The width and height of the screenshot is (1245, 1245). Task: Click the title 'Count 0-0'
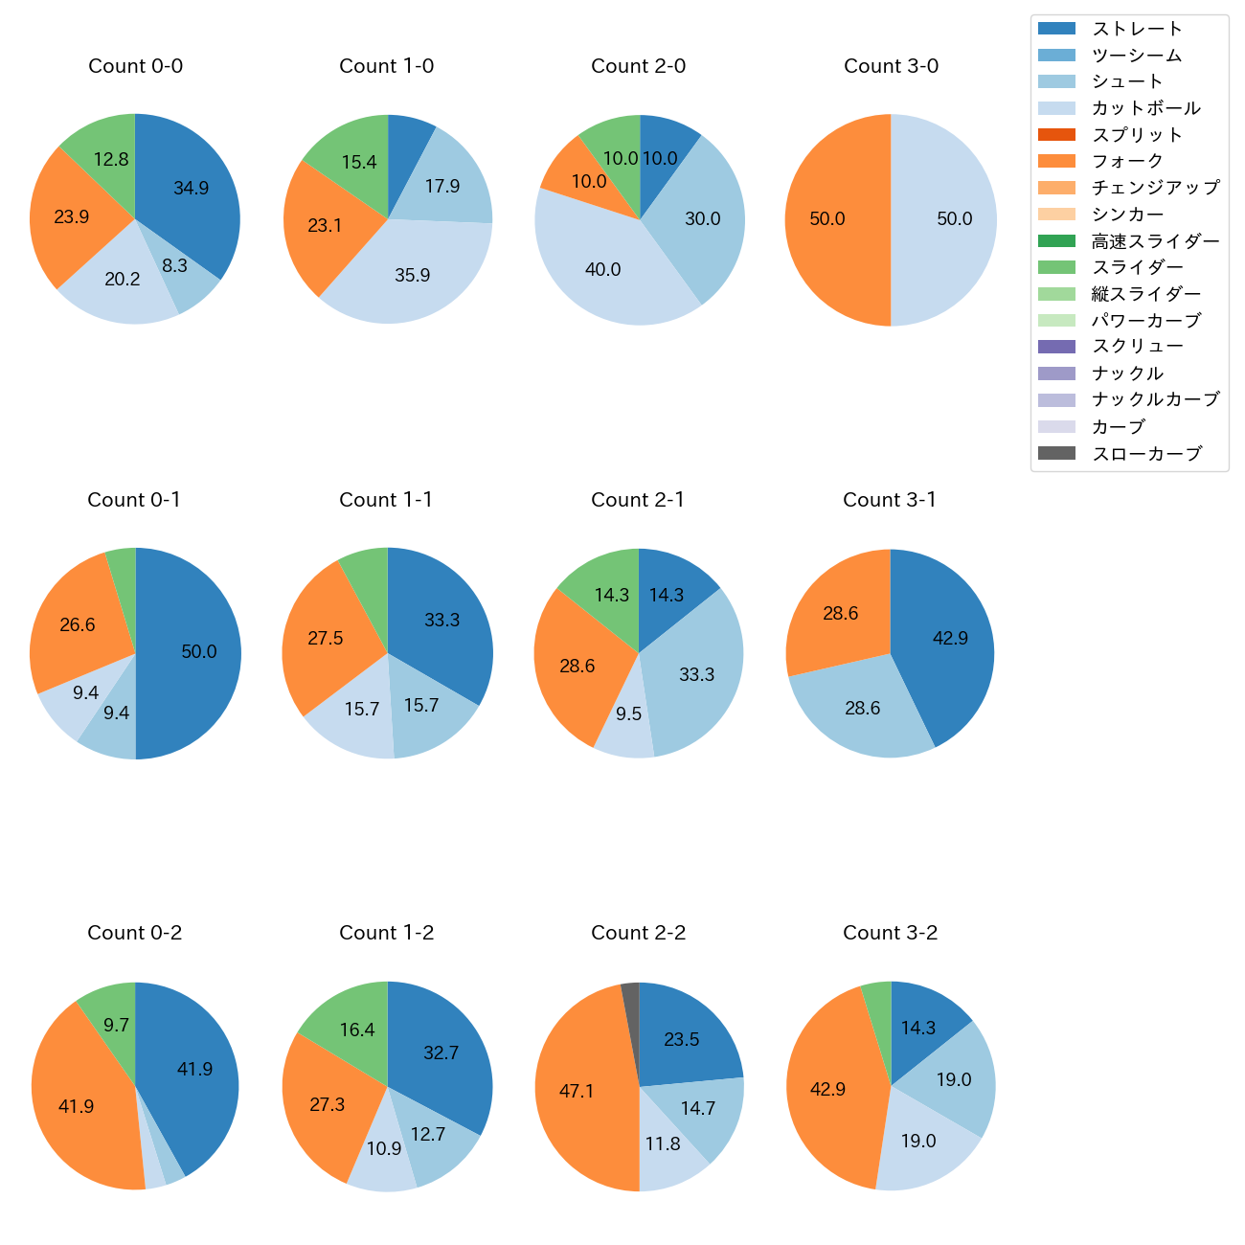pos(135,66)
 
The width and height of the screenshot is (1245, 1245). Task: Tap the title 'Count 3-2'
pos(890,933)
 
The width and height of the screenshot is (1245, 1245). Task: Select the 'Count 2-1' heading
pos(638,500)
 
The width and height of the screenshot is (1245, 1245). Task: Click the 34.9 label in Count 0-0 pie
pos(191,189)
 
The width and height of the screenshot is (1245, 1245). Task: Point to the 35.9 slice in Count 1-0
pos(412,275)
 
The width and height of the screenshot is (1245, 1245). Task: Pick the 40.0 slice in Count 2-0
pos(603,269)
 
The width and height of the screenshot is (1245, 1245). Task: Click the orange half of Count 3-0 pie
pos(827,219)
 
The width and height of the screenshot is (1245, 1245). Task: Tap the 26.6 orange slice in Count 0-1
pos(78,625)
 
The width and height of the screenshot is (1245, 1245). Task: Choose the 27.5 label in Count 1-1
pos(326,638)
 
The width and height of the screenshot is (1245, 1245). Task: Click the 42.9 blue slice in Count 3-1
pos(950,638)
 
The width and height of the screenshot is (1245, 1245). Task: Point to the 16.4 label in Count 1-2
pos(357,1030)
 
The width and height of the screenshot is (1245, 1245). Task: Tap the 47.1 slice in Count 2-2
pos(577,1091)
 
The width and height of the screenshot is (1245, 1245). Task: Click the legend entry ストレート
pos(1137,29)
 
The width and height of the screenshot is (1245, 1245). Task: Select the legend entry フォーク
pos(1127,161)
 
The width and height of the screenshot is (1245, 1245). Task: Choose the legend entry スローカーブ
pos(1146,454)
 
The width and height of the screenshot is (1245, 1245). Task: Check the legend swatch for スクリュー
pos(1056,347)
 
